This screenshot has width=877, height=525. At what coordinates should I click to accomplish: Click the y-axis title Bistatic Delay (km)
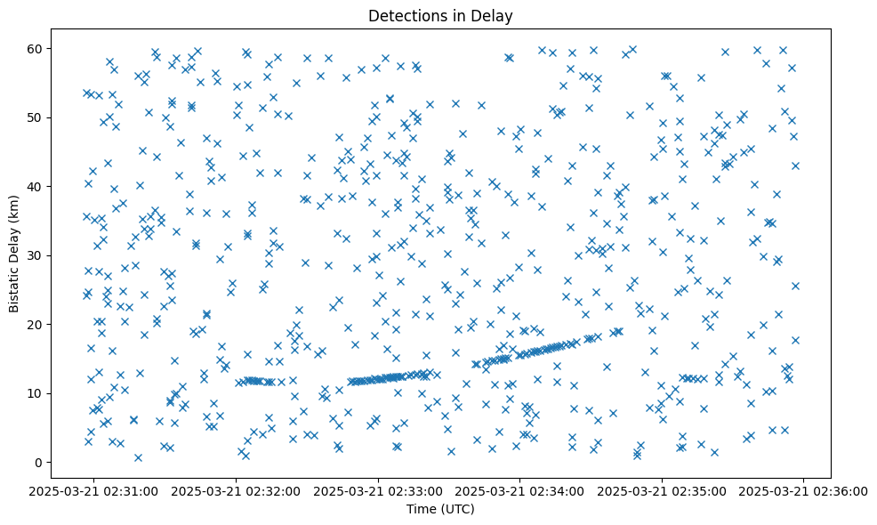click(x=14, y=241)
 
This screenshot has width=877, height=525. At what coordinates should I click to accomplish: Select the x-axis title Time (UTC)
click(x=440, y=510)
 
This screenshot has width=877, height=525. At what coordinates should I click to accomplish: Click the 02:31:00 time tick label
click(x=95, y=490)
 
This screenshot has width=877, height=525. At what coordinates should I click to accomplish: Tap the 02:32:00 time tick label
click(x=237, y=490)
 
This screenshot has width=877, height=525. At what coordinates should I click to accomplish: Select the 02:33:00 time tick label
click(x=379, y=490)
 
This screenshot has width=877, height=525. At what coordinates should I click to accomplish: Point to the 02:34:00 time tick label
click(x=520, y=490)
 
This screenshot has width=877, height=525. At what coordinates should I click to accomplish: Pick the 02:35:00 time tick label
click(x=663, y=490)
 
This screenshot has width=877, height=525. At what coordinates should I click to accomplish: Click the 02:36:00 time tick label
click(x=804, y=490)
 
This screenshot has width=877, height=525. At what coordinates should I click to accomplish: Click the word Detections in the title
click(x=406, y=16)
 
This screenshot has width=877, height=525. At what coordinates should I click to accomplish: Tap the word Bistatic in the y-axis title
click(x=14, y=271)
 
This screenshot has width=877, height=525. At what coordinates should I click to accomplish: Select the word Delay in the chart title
click(x=495, y=16)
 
